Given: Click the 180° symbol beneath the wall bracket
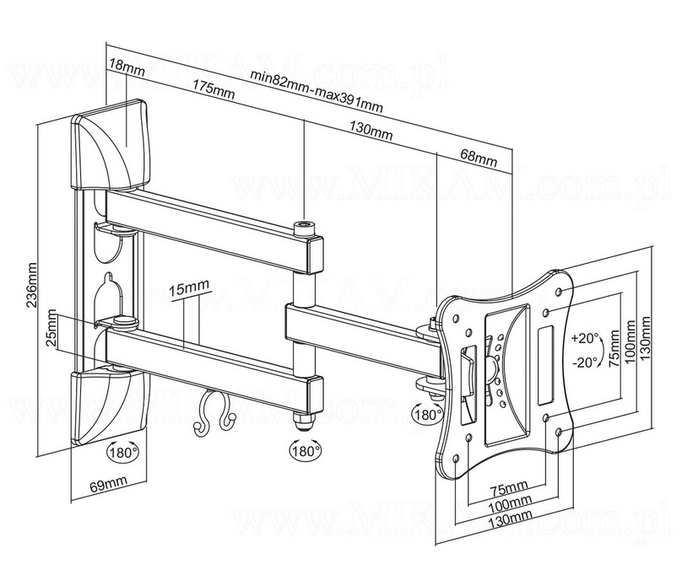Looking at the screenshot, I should pyautogui.click(x=123, y=453).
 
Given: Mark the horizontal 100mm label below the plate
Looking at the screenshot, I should pyautogui.click(x=507, y=503).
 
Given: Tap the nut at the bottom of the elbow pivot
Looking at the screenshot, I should pyautogui.click(x=301, y=419).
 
